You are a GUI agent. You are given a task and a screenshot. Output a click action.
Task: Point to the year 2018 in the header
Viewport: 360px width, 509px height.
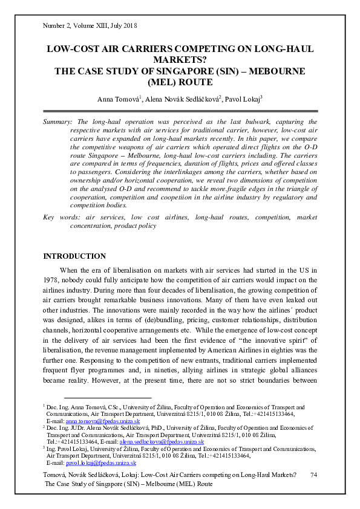[131, 26]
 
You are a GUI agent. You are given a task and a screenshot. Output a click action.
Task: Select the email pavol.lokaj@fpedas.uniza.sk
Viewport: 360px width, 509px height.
[101, 462]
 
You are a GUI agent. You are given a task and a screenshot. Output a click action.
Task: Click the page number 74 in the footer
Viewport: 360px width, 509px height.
[313, 476]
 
